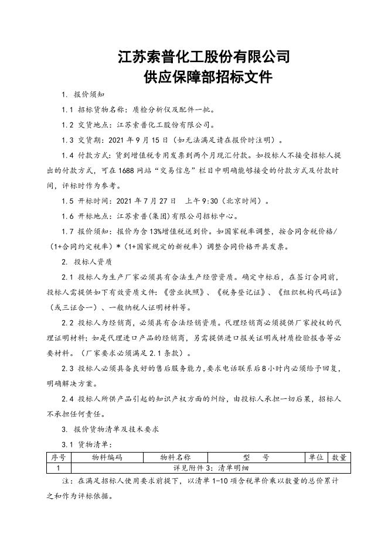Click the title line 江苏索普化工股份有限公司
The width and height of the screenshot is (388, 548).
click(x=204, y=57)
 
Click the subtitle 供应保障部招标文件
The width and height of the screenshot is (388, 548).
click(x=204, y=78)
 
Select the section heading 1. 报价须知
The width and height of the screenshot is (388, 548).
click(x=83, y=95)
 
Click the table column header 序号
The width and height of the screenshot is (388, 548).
click(x=58, y=458)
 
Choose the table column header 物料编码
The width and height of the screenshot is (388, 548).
click(x=107, y=458)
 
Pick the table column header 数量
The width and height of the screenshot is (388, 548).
click(x=339, y=458)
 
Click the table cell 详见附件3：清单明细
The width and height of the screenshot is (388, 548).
click(x=210, y=468)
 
